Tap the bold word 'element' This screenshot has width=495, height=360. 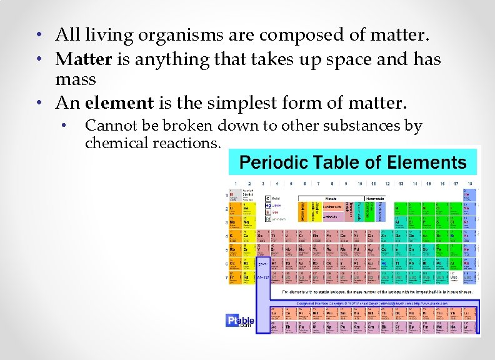(119, 101)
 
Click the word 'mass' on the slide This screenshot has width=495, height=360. (76, 80)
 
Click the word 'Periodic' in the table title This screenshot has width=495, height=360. (272, 162)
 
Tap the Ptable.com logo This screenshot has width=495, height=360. (239, 319)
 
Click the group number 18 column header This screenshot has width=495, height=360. (469, 184)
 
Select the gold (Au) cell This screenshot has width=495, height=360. (373, 264)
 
